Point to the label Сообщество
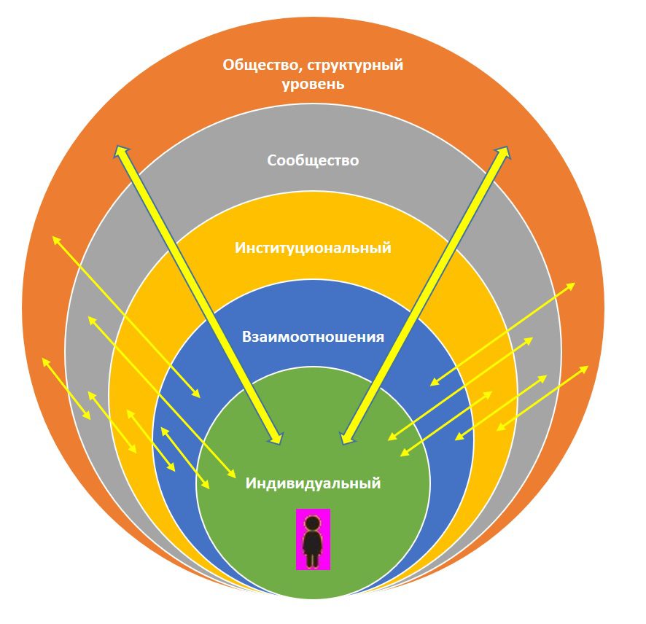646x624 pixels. (x=313, y=160)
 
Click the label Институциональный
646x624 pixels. (x=313, y=248)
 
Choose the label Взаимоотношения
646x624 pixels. (x=313, y=338)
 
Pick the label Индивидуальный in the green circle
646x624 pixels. (x=313, y=483)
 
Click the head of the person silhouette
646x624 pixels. (x=313, y=523)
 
